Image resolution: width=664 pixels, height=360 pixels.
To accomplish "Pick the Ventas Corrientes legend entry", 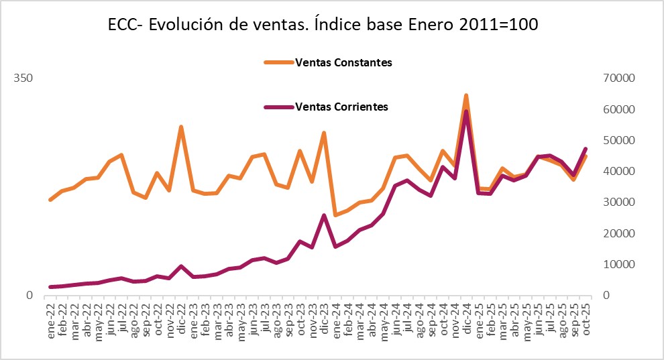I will [x=341, y=107].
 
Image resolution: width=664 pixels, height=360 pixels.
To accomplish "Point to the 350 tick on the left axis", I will [x=24, y=78].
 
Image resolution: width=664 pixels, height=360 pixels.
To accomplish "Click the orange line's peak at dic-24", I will [x=466, y=96].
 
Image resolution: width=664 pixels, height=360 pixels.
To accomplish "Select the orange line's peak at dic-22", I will [x=181, y=127].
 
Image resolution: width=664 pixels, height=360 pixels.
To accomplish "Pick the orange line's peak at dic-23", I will [x=324, y=133].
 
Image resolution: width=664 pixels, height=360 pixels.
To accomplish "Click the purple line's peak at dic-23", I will [x=324, y=215].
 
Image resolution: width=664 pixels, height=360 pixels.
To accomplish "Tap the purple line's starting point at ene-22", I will [x=50, y=287].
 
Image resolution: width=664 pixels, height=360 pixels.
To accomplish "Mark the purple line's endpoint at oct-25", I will [x=586, y=149].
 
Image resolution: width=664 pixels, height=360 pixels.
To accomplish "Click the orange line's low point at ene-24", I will [x=335, y=215].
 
